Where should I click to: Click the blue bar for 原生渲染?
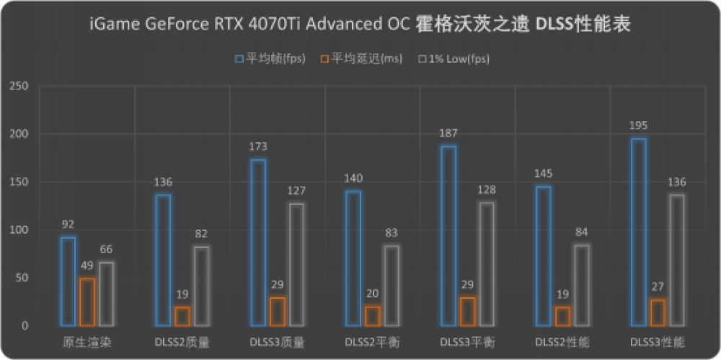click(68, 281)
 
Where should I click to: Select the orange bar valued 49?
click(87, 302)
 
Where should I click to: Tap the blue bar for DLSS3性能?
click(638, 232)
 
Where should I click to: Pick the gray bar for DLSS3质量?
click(296, 264)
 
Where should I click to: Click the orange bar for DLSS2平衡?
click(371, 316)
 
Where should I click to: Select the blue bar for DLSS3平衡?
click(448, 235)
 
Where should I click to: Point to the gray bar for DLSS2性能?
click(581, 285)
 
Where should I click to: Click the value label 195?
click(638, 126)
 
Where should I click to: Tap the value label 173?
click(258, 147)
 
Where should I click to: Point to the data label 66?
click(107, 250)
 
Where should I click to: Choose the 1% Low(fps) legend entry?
click(454, 58)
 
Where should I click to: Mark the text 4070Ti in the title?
click(263, 25)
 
